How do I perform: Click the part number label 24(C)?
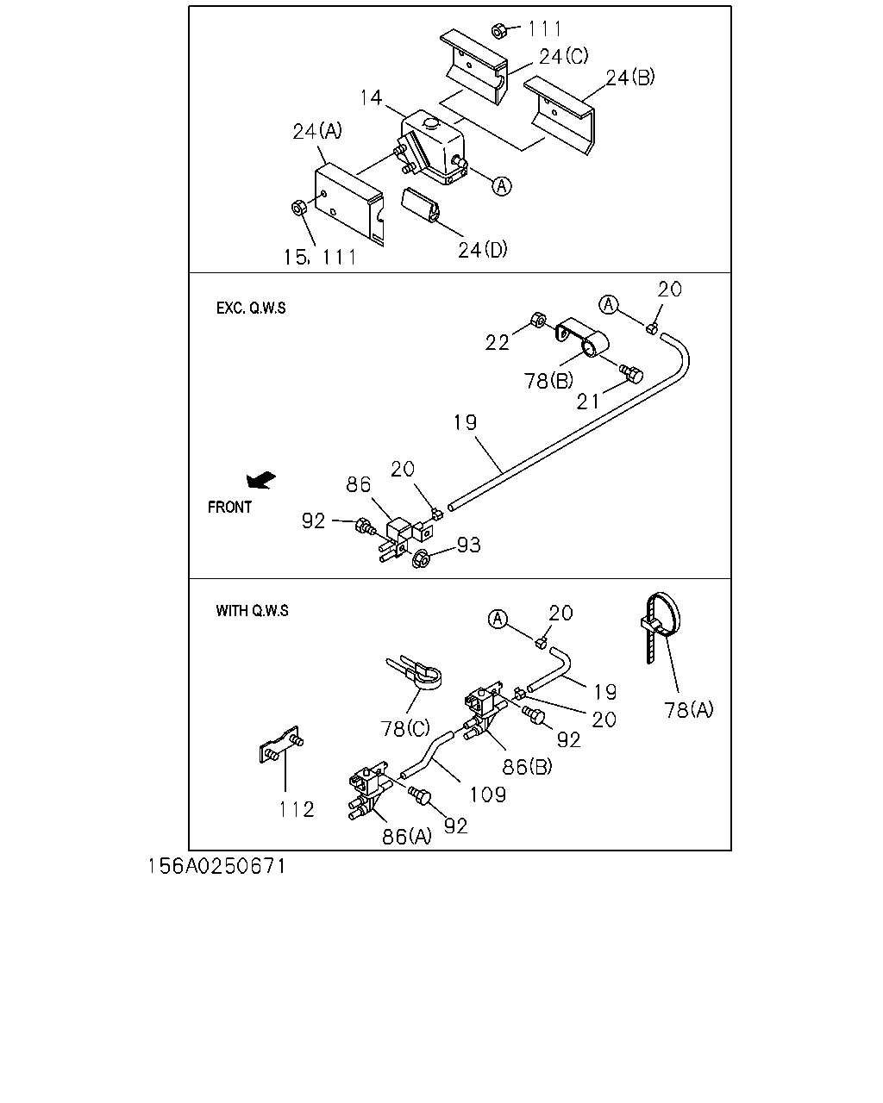point(563,56)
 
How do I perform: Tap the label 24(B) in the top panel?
point(630,78)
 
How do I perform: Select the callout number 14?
point(371,97)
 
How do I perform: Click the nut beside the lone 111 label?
point(498,31)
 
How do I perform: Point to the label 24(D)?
point(482,250)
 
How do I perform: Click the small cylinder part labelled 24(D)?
point(420,205)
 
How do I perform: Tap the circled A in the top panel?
point(501,185)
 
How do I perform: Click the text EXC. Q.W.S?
point(251,308)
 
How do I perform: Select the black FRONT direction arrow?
point(260,480)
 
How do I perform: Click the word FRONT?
point(229,507)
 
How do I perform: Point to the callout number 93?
point(468,545)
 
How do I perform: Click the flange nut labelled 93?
point(421,558)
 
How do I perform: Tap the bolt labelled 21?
point(631,374)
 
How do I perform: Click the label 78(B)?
point(548,381)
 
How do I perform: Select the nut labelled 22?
point(538,320)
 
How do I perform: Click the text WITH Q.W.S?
point(252,610)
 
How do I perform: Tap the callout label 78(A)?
point(688,710)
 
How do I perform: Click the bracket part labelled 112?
point(281,745)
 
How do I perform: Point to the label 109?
point(488,795)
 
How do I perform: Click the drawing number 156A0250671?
point(217,866)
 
